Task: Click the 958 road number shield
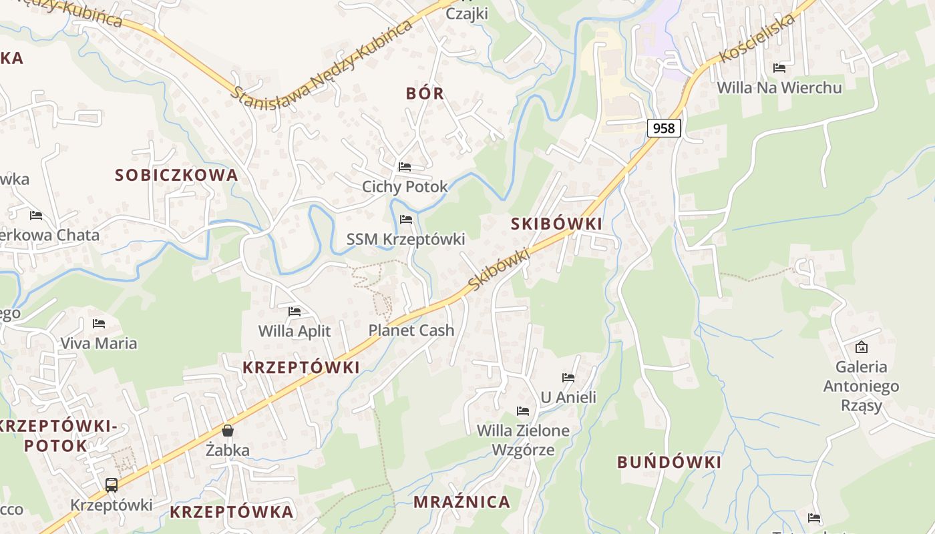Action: (x=663, y=127)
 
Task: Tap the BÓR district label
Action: (x=425, y=93)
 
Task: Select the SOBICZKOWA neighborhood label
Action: (x=176, y=175)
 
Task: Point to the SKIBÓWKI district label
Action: (x=556, y=224)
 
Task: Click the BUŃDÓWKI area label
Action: (x=669, y=462)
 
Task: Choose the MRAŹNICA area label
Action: (x=461, y=501)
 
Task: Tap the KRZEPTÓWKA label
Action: (x=231, y=512)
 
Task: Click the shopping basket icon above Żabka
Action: (x=228, y=431)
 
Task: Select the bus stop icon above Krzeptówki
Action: (x=112, y=485)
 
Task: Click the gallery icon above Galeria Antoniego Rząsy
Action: (x=862, y=347)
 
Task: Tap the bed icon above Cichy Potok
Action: (x=405, y=167)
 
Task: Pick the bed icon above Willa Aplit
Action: (x=295, y=311)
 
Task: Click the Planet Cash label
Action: (x=411, y=330)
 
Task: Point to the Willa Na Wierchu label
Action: (x=779, y=87)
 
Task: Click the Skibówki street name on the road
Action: (x=499, y=269)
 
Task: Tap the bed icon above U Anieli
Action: (x=568, y=378)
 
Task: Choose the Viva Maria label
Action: (x=99, y=344)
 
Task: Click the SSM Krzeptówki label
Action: (x=405, y=239)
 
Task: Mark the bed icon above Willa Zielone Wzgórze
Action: (x=523, y=411)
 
